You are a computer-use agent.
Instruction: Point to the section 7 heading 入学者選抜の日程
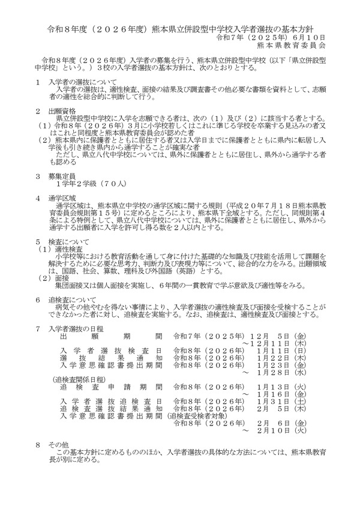pyautogui.click(x=78, y=329)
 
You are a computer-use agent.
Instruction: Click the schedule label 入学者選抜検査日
pyautogui.click(x=110, y=349)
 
